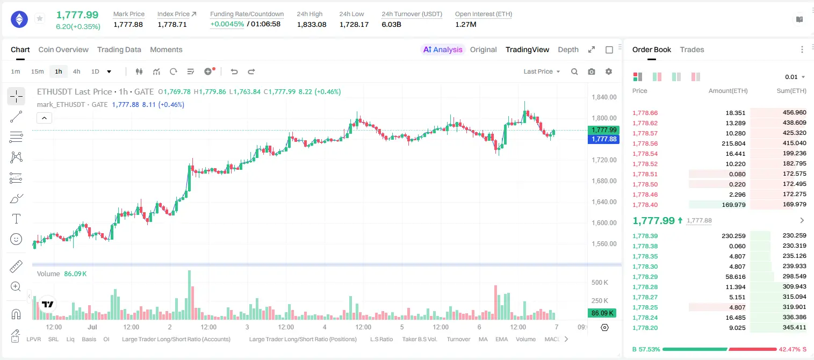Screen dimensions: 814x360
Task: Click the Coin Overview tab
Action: point(63,49)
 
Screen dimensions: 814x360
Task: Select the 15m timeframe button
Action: point(37,71)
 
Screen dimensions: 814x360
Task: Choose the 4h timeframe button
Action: point(76,71)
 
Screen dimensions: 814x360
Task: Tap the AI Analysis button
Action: point(443,49)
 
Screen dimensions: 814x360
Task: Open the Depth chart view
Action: point(568,49)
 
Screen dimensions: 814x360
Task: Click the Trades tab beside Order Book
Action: point(692,49)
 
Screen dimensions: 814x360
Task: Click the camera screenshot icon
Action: point(592,71)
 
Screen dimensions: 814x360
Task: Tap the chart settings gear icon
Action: point(609,71)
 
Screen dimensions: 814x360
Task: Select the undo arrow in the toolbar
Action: point(234,71)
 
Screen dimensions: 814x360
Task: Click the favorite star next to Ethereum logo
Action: point(40,18)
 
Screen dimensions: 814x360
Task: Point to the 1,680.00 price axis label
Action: point(604,181)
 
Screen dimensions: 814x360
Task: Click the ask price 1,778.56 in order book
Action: point(645,143)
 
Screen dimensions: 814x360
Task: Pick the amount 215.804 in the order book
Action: point(733,143)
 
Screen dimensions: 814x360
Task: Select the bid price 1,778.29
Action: point(645,277)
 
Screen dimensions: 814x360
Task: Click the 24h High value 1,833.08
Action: point(312,24)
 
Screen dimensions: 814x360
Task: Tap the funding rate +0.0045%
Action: point(227,24)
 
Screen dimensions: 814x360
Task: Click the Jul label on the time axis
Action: point(92,327)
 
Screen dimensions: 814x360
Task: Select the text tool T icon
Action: point(16,219)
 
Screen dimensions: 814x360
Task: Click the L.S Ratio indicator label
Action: point(381,339)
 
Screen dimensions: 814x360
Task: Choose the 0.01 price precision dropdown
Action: point(795,77)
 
